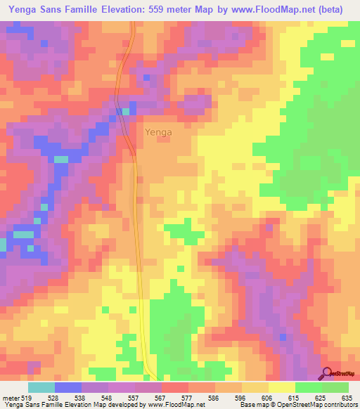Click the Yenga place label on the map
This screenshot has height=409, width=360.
point(158,131)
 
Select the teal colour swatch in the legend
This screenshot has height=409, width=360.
point(41,387)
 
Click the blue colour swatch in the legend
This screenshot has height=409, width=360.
point(67,387)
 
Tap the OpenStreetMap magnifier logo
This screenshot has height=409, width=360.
point(327,372)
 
